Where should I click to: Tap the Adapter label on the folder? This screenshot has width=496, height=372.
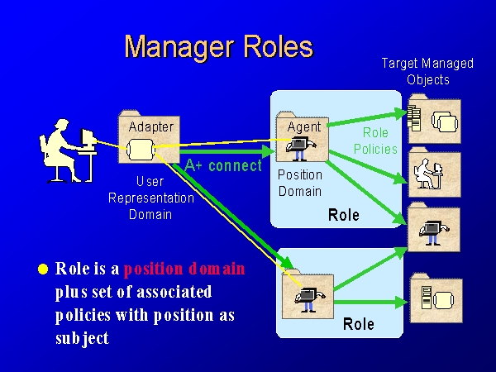(150, 126)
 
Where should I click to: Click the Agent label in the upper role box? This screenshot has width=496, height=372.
(303, 126)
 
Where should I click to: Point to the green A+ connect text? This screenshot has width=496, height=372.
(223, 165)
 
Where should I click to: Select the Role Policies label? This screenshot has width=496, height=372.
(375, 141)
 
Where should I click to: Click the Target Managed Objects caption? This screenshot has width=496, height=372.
(427, 71)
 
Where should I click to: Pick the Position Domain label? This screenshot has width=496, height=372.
(299, 183)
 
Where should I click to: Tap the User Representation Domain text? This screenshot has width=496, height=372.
(150, 198)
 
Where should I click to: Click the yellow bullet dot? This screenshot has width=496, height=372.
(44, 269)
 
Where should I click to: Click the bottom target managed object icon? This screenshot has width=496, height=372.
(435, 299)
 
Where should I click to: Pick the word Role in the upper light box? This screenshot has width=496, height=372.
(343, 215)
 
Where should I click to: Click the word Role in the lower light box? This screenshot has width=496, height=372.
(359, 323)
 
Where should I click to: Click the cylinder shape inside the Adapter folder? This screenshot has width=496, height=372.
(137, 150)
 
